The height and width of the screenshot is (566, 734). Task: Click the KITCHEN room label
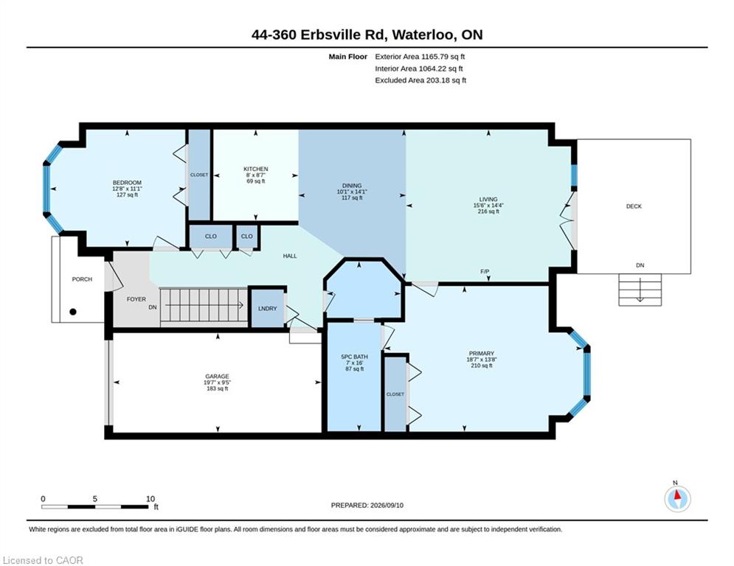pyautogui.click(x=255, y=169)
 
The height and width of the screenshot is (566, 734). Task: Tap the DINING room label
pyautogui.click(x=352, y=186)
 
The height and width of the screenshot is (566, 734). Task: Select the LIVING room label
pyautogui.click(x=488, y=199)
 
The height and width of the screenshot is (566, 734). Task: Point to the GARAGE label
pyautogui.click(x=217, y=376)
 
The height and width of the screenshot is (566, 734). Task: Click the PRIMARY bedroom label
pyautogui.click(x=481, y=354)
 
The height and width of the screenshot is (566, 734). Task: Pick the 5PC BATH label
pyautogui.click(x=354, y=357)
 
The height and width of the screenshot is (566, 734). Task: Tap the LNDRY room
pyautogui.click(x=268, y=309)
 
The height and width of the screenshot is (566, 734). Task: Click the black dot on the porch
pyautogui.click(x=72, y=312)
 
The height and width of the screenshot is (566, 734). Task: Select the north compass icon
pyautogui.click(x=677, y=499)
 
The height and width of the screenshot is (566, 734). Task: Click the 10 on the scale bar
pyautogui.click(x=150, y=499)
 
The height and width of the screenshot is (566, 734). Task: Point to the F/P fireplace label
pyautogui.click(x=485, y=272)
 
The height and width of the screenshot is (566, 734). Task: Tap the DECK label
pyautogui.click(x=634, y=206)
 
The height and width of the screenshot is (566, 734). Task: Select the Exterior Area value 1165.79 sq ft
pyautogui.click(x=443, y=57)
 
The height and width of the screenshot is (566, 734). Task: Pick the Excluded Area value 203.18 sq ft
pyautogui.click(x=446, y=80)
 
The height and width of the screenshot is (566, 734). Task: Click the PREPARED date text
pyautogui.click(x=367, y=505)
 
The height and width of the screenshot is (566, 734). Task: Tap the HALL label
pyautogui.click(x=290, y=256)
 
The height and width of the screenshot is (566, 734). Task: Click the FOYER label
pyautogui.click(x=136, y=299)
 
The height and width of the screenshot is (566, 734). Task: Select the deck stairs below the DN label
pyautogui.click(x=640, y=290)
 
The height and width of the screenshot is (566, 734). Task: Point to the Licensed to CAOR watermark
pyautogui.click(x=43, y=560)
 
